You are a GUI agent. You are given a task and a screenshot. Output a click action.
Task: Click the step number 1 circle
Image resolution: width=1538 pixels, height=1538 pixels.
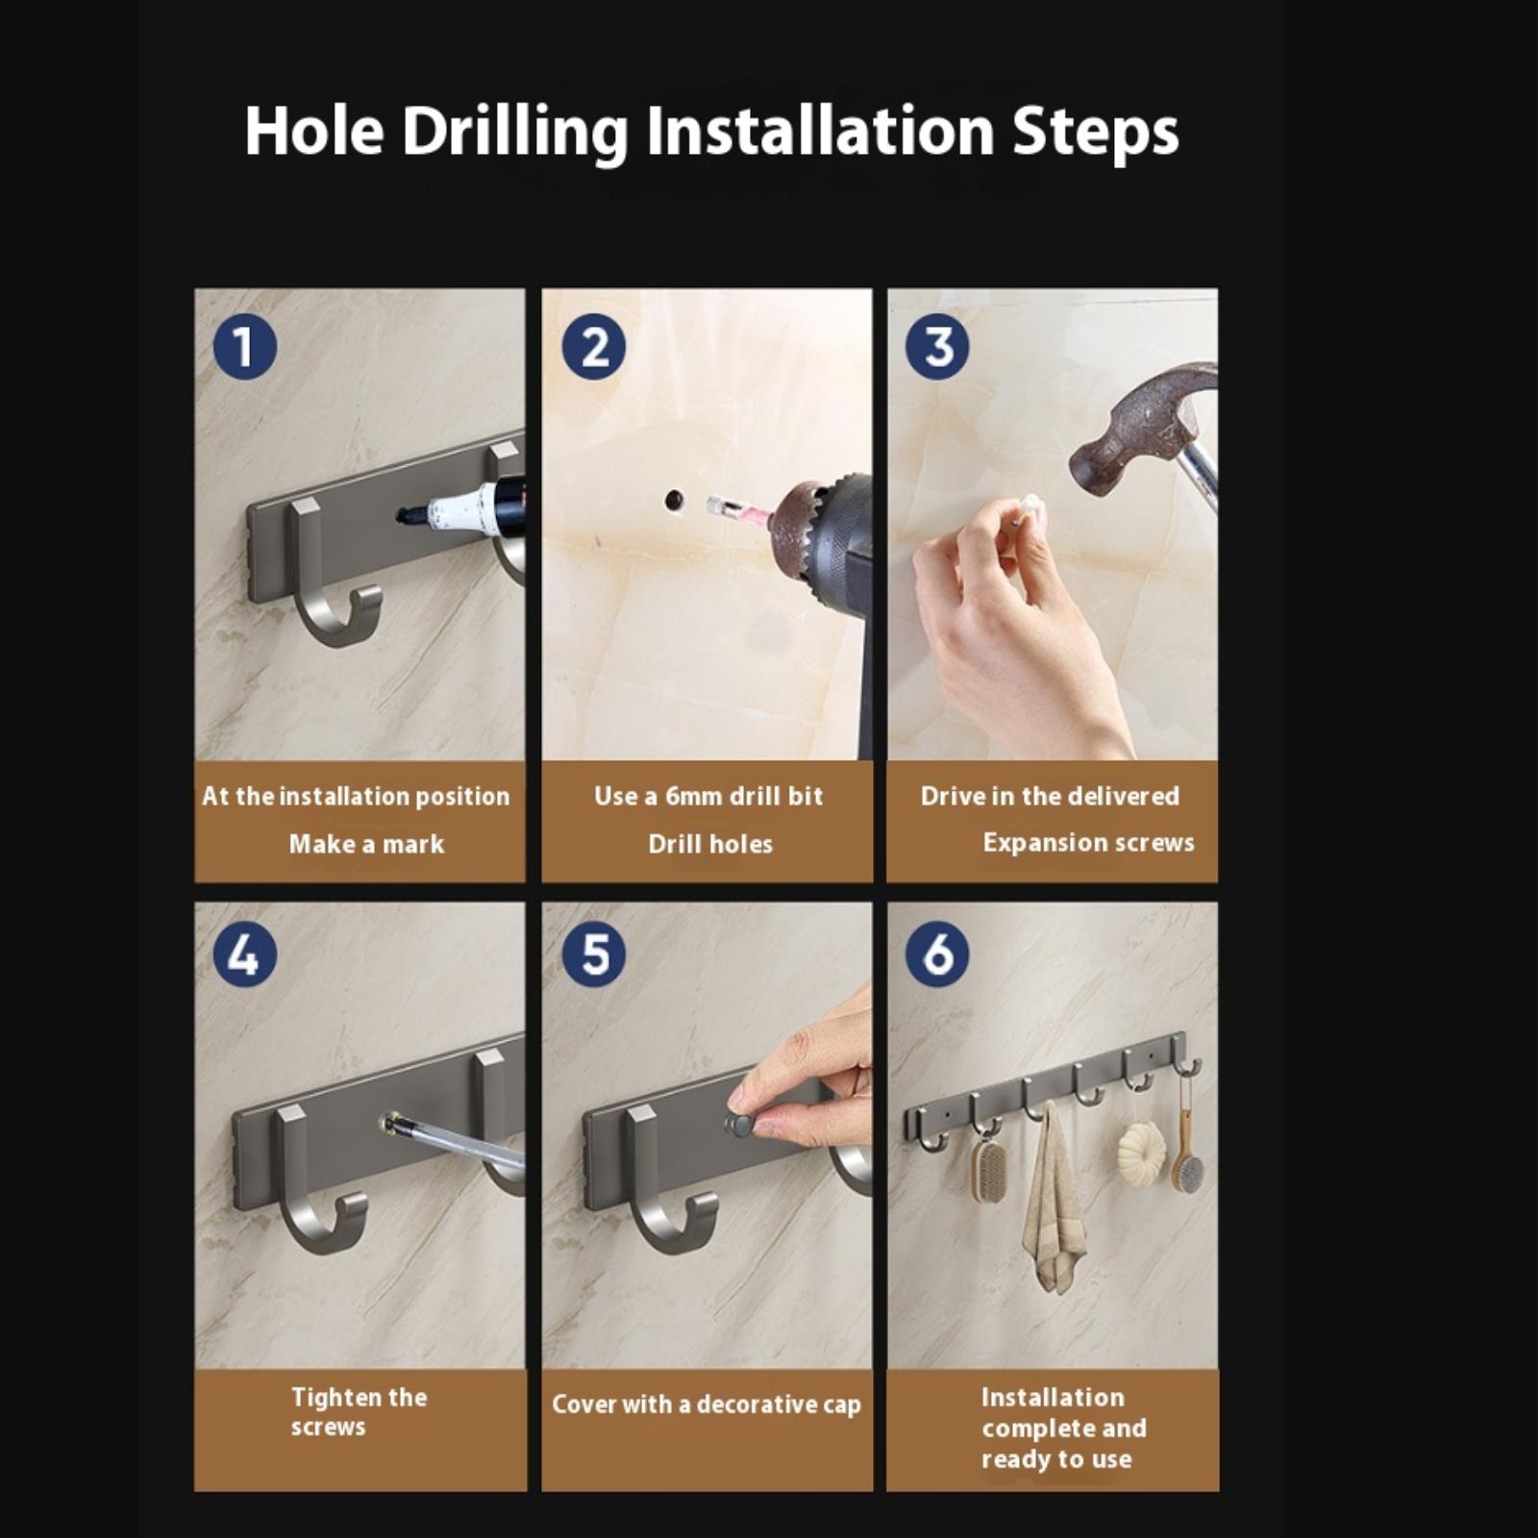pos(244,347)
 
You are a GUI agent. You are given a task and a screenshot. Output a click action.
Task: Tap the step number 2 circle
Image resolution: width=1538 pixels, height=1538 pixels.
pos(593,347)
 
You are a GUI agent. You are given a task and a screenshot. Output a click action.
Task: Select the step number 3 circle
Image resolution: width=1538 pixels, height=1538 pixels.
pos(937,347)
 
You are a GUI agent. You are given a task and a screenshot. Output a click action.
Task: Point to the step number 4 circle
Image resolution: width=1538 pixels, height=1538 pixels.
pos(244,955)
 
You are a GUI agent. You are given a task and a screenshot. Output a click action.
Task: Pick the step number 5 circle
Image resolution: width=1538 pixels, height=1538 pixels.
pos(593,955)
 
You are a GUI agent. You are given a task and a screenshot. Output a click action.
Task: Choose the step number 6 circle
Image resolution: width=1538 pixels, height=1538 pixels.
pos(937,955)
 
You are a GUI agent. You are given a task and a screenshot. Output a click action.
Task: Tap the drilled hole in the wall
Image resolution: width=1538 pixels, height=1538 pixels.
pos(674,501)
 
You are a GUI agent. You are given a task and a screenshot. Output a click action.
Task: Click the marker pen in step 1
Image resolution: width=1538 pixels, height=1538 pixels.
pos(461,507)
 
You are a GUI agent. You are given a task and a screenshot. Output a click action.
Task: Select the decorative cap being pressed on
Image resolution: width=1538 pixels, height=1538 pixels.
pos(739,1124)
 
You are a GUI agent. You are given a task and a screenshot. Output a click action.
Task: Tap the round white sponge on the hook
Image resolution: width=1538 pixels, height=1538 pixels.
pos(1141,1146)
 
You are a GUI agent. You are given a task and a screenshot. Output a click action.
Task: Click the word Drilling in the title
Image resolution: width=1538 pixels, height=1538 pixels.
pos(515,132)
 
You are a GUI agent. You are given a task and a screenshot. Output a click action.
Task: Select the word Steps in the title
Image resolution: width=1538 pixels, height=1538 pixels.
pos(1095,132)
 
